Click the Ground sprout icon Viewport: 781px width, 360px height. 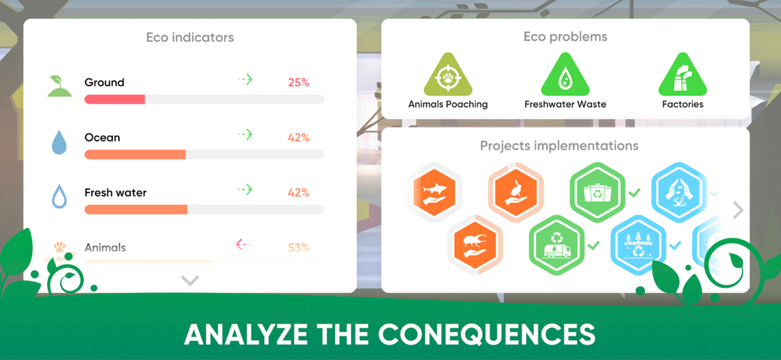click(59, 86)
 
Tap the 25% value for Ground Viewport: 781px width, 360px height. click(298, 82)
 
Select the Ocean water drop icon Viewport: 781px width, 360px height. click(59, 142)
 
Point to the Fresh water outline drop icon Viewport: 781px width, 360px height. click(59, 197)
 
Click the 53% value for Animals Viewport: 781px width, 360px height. click(298, 248)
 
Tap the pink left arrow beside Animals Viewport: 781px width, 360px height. click(243, 245)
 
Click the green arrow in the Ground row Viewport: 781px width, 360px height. click(244, 79)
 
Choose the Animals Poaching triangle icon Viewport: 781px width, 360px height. click(448, 77)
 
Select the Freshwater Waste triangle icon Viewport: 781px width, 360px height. click(565, 77)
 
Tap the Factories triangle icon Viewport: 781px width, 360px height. click(683, 77)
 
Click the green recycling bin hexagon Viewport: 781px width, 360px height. click(598, 190)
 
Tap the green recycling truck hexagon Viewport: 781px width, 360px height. click(557, 244)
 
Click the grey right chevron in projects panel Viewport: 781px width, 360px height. click(738, 211)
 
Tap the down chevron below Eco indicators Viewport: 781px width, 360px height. click(190, 281)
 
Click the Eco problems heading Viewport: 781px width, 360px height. click(565, 37)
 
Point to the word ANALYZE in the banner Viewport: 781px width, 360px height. click(238, 335)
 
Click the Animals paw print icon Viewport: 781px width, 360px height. click(59, 248)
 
